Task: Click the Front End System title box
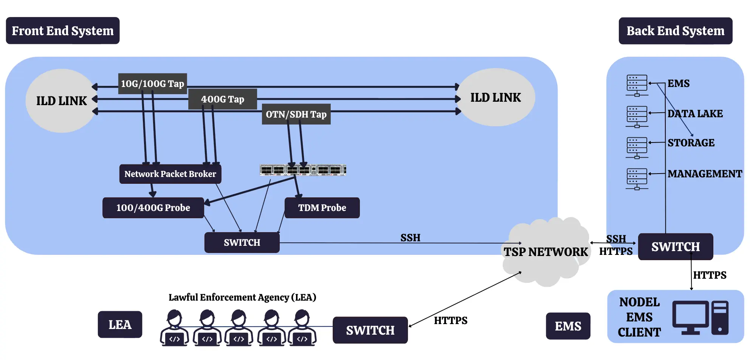pos(62,31)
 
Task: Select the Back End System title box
pos(675,31)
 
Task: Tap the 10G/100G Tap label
pos(152,84)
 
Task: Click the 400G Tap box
pos(223,99)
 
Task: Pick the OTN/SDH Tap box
pos(296,114)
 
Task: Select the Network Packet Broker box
pos(170,174)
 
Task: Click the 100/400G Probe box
pos(153,208)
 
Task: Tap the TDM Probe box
pos(322,208)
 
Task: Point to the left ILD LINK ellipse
pos(61,101)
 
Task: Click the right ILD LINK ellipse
pos(495,98)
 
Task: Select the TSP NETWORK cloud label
pos(545,252)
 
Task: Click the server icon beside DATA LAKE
pos(637,116)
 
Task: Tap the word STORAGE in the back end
pos(691,143)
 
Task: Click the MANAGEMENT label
pos(705,174)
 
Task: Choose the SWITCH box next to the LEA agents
pos(370,330)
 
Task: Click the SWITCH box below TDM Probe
pos(242,242)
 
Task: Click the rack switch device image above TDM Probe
pos(303,170)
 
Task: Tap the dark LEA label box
pos(120,324)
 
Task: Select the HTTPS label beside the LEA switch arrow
pos(450,320)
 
